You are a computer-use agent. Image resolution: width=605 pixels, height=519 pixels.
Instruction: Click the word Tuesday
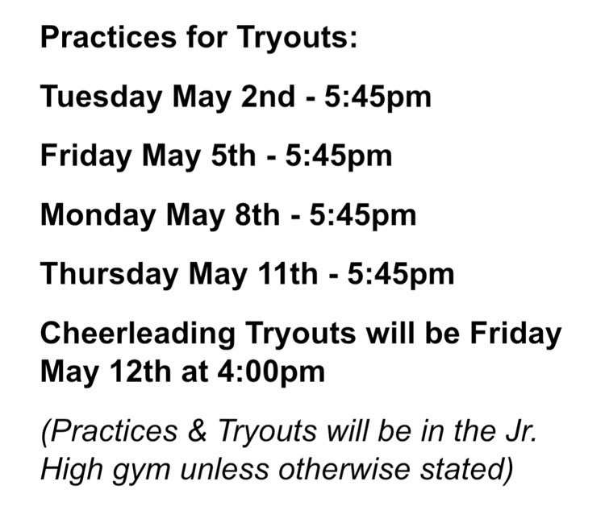click(98, 98)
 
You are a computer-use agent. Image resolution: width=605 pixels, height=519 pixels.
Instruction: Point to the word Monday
click(96, 215)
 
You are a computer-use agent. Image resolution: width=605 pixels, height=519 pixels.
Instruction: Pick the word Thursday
click(107, 274)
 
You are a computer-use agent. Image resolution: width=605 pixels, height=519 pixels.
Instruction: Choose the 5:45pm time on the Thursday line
click(401, 274)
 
